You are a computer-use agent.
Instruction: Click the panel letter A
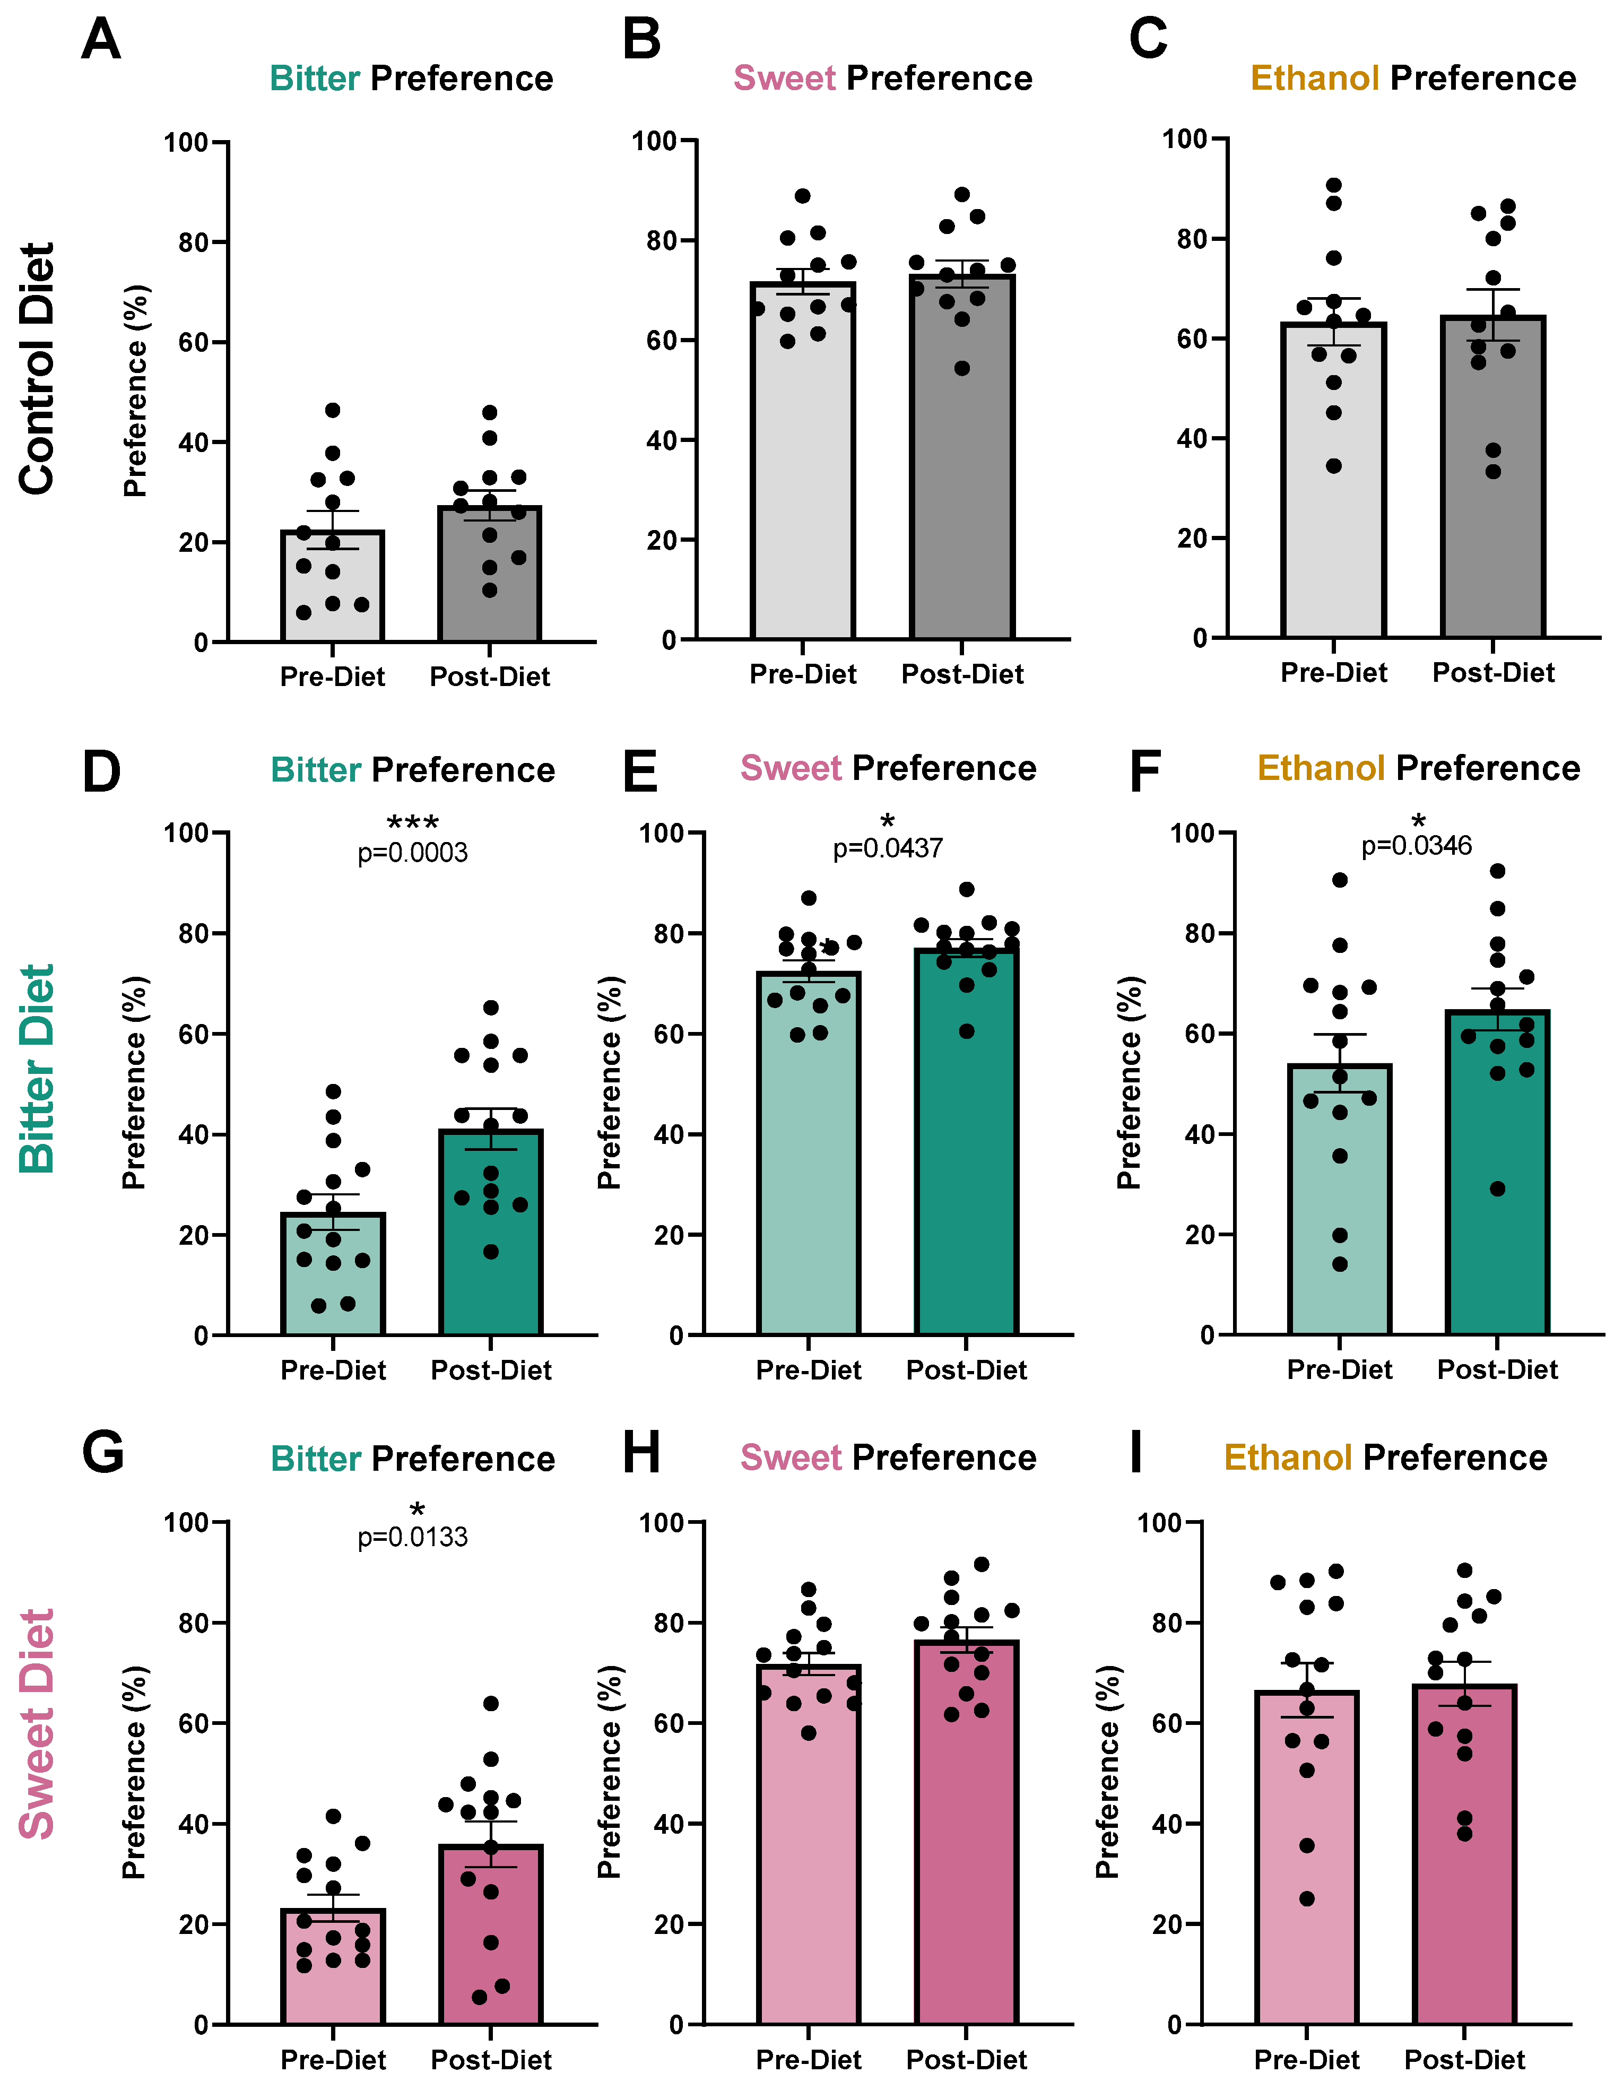point(101,40)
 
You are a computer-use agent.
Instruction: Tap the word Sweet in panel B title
point(784,78)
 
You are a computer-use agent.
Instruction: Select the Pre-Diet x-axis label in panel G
point(333,2059)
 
